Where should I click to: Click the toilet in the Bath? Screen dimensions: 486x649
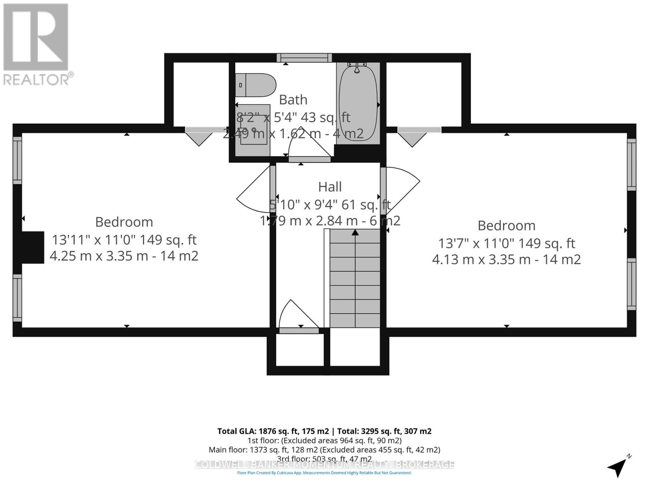(256, 85)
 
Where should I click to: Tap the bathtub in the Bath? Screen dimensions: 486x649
(358, 103)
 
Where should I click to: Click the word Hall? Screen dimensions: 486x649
(330, 187)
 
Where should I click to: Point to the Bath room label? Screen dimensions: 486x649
(293, 100)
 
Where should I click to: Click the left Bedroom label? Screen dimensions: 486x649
(124, 222)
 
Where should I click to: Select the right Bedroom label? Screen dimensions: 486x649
(506, 226)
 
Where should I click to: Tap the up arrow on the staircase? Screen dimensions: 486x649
(355, 232)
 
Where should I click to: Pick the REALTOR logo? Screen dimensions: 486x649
(37, 45)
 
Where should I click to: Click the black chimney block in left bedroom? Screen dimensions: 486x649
(33, 247)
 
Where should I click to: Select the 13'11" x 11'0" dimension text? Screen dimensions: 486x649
(124, 240)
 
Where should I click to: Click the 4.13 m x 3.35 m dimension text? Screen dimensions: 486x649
(506, 259)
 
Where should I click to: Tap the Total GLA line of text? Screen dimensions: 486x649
(324, 431)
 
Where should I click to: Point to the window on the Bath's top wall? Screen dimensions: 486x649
(304, 58)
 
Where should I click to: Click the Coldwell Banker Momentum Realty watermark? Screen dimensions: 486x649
(324, 465)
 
